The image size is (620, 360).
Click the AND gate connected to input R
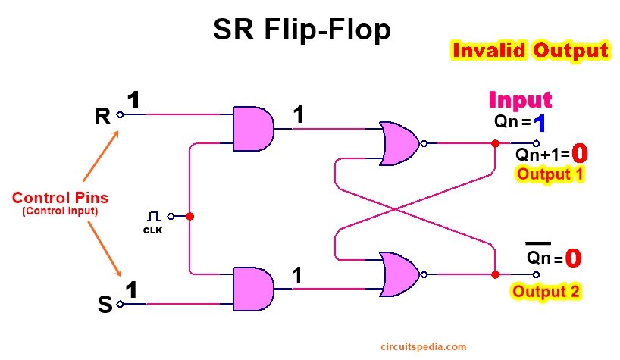(x=253, y=129)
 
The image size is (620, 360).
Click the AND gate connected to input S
(x=253, y=289)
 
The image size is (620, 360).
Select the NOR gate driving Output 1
(x=399, y=143)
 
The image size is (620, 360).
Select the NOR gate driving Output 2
(x=399, y=274)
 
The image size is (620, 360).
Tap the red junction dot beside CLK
(x=189, y=216)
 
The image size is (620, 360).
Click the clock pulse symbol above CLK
(x=153, y=217)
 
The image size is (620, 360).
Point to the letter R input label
(x=103, y=116)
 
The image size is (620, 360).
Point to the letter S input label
(x=105, y=304)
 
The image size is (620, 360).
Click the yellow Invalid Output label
(x=531, y=51)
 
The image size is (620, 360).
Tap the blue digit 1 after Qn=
(x=540, y=124)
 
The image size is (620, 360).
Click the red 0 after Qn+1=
(x=579, y=153)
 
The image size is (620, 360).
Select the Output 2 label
(x=546, y=291)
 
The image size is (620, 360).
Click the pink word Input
(x=521, y=100)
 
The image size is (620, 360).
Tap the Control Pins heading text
(x=60, y=198)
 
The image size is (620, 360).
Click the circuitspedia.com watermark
(x=424, y=347)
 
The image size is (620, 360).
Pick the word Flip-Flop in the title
(x=327, y=30)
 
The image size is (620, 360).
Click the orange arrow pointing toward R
(x=101, y=156)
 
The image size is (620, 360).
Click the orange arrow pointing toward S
(x=105, y=249)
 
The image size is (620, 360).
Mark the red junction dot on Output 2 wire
(x=495, y=274)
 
